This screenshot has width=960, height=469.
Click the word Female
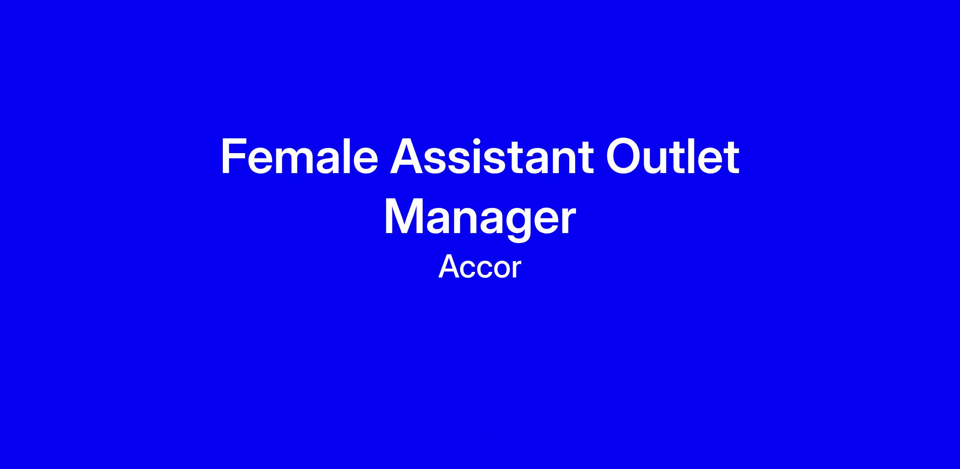[x=299, y=156]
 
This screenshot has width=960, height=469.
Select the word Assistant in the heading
[x=492, y=156]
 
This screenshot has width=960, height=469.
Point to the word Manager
[x=480, y=218]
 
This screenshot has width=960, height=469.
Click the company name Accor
[x=480, y=267]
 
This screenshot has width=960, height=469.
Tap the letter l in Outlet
[x=698, y=156]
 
